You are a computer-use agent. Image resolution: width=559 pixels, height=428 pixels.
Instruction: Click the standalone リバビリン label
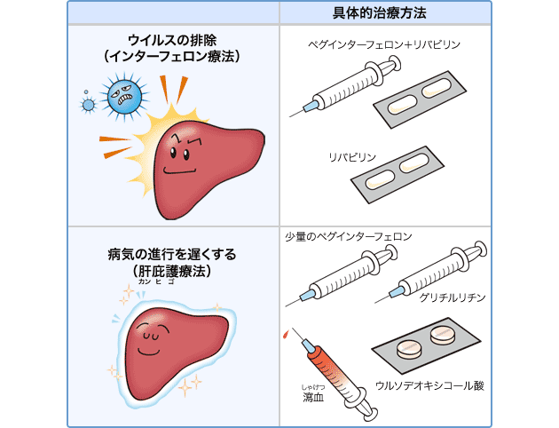coord(352,156)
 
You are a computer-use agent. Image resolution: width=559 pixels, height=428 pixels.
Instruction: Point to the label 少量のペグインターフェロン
coord(348,237)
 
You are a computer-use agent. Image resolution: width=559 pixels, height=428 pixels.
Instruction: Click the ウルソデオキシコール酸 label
coord(429,384)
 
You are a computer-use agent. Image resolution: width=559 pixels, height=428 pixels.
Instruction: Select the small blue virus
coord(88,105)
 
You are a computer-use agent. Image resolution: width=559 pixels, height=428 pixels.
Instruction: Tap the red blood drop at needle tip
coord(285,335)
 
